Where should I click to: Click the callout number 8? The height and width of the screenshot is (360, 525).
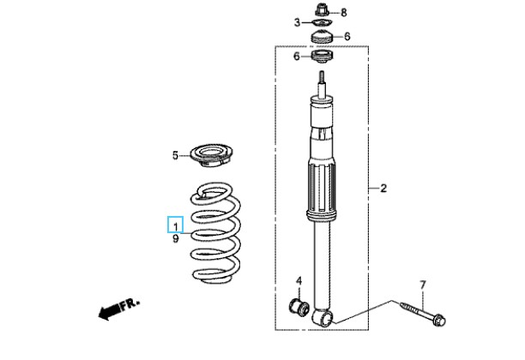pyautogui.click(x=344, y=12)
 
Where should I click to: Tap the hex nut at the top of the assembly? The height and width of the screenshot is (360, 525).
pyautogui.click(x=323, y=11)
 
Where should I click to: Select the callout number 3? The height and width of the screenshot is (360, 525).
pyautogui.click(x=297, y=22)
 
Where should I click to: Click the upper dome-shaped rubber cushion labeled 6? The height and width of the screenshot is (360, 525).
pyautogui.click(x=323, y=37)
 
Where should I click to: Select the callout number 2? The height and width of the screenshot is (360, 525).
pyautogui.click(x=383, y=188)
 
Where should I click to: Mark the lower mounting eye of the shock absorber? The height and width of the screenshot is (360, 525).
pyautogui.click(x=323, y=319)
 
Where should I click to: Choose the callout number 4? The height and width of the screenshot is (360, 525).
pyautogui.click(x=299, y=281)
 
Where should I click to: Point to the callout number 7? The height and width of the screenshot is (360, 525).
pyautogui.click(x=422, y=284)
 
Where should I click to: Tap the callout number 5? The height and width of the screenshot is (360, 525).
pyautogui.click(x=175, y=155)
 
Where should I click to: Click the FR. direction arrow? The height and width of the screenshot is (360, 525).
pyautogui.click(x=118, y=309)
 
